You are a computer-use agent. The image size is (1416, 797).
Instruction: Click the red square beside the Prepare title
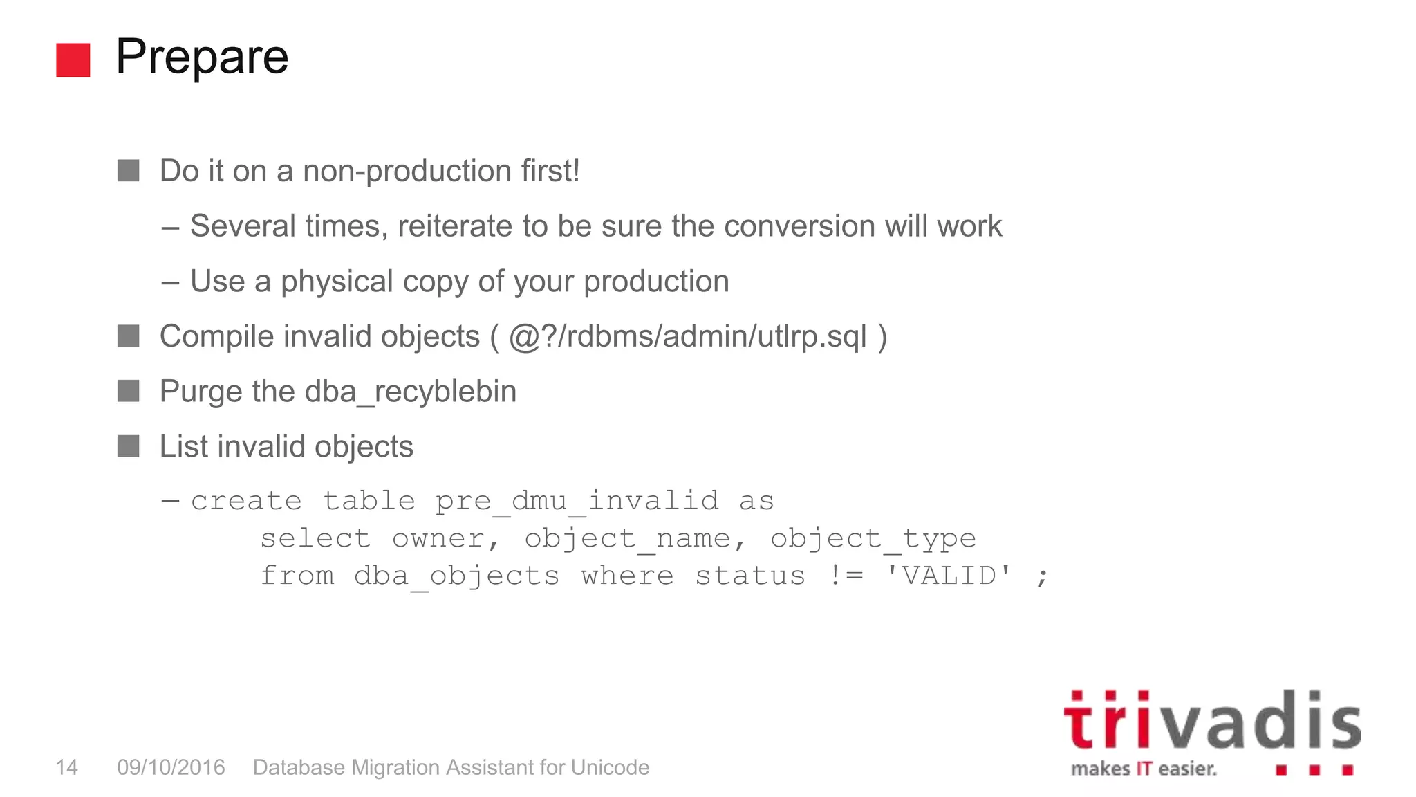[73, 59]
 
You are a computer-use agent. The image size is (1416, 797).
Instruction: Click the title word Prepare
[202, 57]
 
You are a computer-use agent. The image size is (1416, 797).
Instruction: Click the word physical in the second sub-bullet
[337, 282]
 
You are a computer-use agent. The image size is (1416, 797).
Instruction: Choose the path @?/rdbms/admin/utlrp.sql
[687, 337]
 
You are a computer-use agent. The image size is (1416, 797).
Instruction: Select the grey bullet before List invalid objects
[129, 446]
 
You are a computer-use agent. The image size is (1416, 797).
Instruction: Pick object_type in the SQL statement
[873, 538]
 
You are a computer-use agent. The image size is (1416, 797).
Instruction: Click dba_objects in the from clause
[456, 576]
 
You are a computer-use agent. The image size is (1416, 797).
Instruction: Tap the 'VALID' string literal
[949, 575]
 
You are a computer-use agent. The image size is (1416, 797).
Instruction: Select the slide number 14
[66, 767]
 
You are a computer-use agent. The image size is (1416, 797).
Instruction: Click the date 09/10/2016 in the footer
[171, 767]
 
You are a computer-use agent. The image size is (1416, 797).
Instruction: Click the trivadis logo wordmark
[1211, 722]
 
